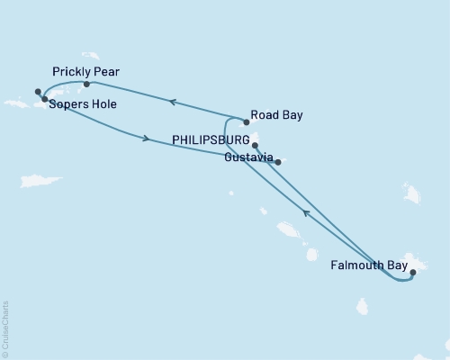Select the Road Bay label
coord(278,115)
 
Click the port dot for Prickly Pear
coord(86,85)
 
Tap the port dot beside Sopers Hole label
coord(44,99)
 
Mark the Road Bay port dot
coord(247,121)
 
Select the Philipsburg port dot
coord(255,144)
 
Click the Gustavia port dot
coord(278,162)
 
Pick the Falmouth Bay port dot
coord(412,271)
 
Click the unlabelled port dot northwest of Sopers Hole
coord(38,91)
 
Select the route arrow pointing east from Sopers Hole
coord(145,138)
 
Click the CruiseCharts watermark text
coord(5,329)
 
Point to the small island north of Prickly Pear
coord(90,56)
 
